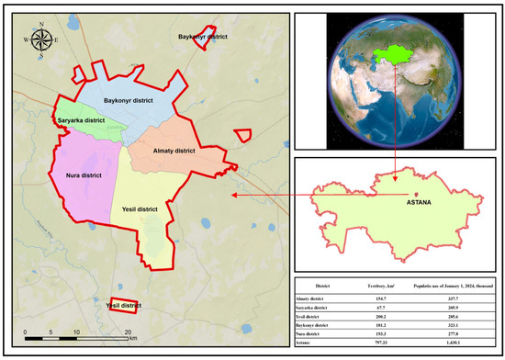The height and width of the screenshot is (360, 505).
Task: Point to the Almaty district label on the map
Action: [170, 149]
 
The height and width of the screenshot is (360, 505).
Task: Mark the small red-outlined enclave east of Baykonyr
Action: [242, 135]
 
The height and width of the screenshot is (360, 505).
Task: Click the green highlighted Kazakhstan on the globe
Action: [395, 58]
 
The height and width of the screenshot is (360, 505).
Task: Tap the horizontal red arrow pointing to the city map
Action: [266, 195]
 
